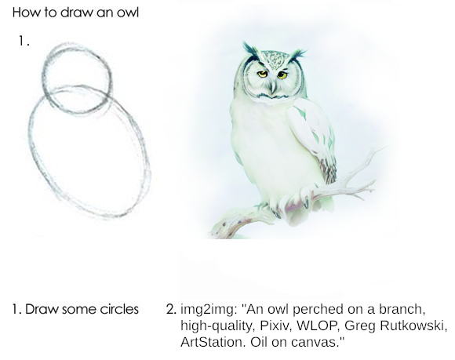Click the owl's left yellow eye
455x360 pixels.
(263, 74)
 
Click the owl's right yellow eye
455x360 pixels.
(282, 75)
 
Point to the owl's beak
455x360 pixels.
(272, 88)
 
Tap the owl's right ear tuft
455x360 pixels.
(297, 55)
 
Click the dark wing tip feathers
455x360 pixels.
(329, 171)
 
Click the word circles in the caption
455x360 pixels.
(119, 309)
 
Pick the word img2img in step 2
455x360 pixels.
(207, 310)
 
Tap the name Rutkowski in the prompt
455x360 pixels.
(413, 325)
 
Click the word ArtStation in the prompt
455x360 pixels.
(211, 342)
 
